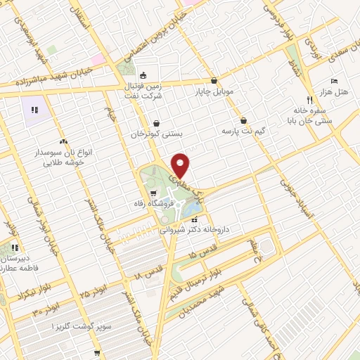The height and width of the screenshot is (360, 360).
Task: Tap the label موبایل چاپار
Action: click(214, 92)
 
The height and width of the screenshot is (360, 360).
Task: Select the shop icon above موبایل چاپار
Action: click(214, 81)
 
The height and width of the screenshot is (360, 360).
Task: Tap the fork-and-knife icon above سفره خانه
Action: click(309, 100)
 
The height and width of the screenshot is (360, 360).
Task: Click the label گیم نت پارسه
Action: click(242, 131)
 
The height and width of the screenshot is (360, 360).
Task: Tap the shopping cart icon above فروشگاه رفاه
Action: click(153, 193)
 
